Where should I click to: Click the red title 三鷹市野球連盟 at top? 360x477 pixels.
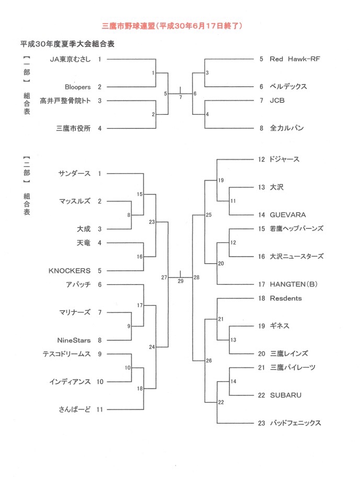(128, 26)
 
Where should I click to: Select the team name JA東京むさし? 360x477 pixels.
(70, 59)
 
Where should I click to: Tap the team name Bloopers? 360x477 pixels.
(77, 87)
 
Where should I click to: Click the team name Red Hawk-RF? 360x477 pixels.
(295, 59)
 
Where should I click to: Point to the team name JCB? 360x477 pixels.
(277, 101)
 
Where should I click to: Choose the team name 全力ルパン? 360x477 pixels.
(287, 128)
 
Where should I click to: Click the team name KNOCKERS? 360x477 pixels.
(69, 271)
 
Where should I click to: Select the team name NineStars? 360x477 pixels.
(74, 340)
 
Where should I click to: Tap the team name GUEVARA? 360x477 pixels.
(288, 215)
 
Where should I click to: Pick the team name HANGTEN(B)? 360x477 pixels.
(294, 284)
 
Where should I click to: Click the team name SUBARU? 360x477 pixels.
(286, 395)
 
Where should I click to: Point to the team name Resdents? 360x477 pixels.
(286, 298)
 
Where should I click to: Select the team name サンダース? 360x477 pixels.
(74, 173)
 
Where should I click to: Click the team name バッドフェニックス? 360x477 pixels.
(295, 423)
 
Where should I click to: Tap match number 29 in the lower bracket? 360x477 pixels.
(181, 281)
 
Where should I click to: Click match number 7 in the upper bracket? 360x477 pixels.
(181, 97)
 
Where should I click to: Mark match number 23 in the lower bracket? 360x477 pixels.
(152, 222)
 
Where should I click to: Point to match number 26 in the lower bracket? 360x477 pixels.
(209, 360)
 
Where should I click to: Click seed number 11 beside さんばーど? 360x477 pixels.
(100, 409)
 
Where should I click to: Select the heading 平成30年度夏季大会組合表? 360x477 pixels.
(67, 44)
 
